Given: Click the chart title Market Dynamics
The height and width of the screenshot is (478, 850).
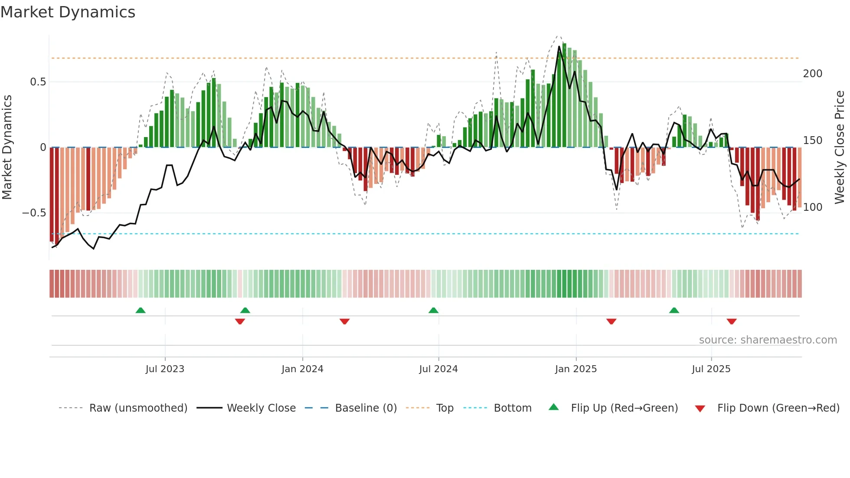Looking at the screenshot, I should (x=68, y=12).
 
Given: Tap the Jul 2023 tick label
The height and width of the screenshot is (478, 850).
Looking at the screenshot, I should (x=165, y=369).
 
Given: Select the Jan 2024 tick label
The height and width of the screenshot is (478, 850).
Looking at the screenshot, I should (x=302, y=369).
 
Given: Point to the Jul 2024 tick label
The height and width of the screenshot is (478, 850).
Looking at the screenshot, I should (x=438, y=369).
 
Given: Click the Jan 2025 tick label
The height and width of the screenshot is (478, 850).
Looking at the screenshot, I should (x=575, y=369).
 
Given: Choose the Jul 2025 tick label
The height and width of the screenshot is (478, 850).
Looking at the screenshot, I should (x=711, y=369).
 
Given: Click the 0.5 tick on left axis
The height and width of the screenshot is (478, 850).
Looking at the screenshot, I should (x=38, y=82).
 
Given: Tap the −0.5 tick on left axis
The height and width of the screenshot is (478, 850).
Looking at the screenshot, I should (x=34, y=213).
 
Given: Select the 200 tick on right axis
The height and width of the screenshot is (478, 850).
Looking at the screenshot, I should (x=812, y=74).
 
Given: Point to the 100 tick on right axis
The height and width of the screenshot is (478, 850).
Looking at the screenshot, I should (x=812, y=207).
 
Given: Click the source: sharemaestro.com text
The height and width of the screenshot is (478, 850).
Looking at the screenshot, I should (x=768, y=340).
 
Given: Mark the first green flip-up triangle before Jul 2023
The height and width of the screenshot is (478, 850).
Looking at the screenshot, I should (x=141, y=311).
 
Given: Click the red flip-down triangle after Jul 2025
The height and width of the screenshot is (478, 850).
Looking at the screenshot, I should (x=732, y=321).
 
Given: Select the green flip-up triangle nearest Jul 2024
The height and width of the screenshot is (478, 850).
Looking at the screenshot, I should (x=433, y=311).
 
